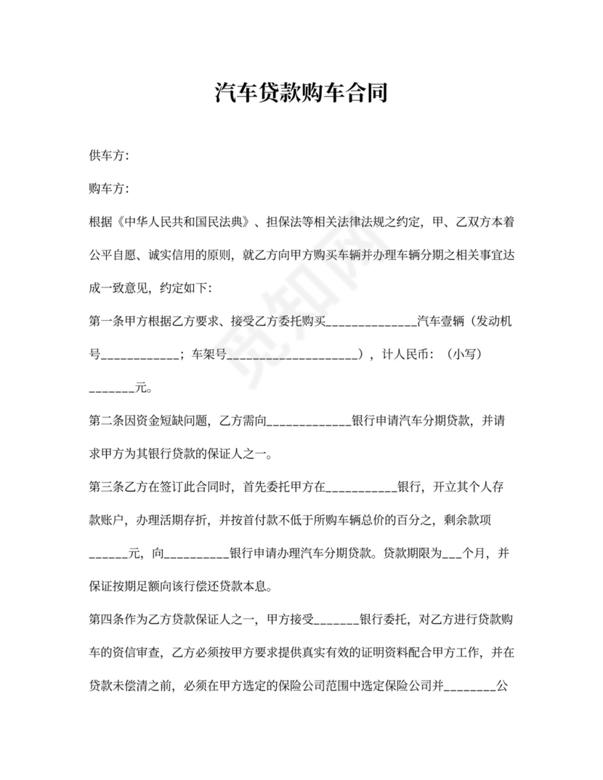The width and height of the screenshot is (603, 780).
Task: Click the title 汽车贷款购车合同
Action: pyautogui.click(x=301, y=93)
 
